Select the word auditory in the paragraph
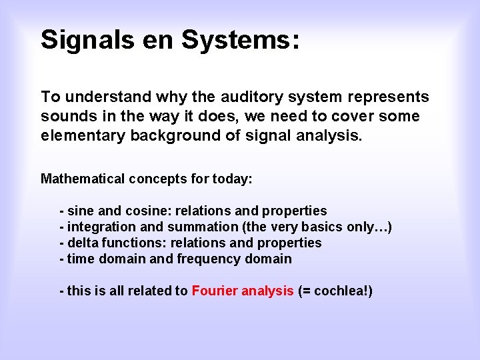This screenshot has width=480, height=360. point(254,97)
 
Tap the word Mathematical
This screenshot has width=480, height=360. point(83,179)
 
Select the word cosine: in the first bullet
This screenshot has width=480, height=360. point(147,211)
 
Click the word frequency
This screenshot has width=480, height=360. point(208,259)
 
